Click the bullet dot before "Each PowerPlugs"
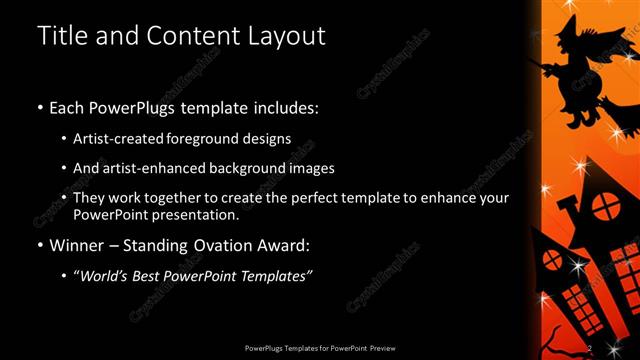(39, 107)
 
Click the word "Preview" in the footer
(379, 347)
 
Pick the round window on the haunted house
(603, 207)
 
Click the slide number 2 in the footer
(590, 347)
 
